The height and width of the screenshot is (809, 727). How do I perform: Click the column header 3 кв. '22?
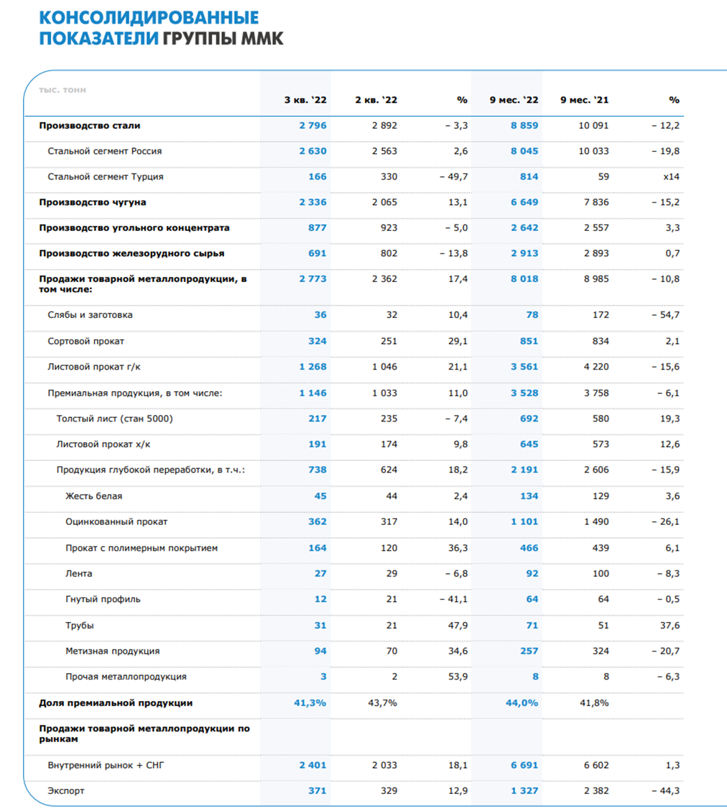pos(305,100)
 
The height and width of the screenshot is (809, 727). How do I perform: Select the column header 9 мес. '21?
pos(584,100)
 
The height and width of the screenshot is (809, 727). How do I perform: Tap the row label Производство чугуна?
pos(93,202)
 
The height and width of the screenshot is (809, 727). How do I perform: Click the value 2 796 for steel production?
pos(312,125)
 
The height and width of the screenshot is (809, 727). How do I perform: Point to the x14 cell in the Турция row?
pos(671,177)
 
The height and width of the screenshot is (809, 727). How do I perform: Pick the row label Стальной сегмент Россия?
pos(105,151)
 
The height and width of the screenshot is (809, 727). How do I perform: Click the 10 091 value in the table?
pos(593,125)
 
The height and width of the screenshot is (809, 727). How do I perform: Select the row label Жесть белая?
pos(93,496)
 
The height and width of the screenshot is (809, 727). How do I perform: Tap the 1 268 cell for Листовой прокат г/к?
pos(312,367)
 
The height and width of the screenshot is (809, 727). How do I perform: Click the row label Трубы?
pos(79,626)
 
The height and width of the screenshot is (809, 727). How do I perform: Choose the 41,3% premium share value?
pos(310,703)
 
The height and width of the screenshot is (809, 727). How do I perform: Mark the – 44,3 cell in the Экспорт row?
pos(665,791)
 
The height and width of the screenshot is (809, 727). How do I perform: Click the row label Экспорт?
pos(65,791)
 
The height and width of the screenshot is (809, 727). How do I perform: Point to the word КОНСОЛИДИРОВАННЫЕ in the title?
pos(149,17)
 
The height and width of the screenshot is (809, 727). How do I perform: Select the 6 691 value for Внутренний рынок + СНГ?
pos(524,765)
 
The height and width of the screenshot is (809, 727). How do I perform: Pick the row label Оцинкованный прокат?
pos(116,522)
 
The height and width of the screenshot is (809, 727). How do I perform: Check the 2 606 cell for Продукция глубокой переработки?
pos(596,470)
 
